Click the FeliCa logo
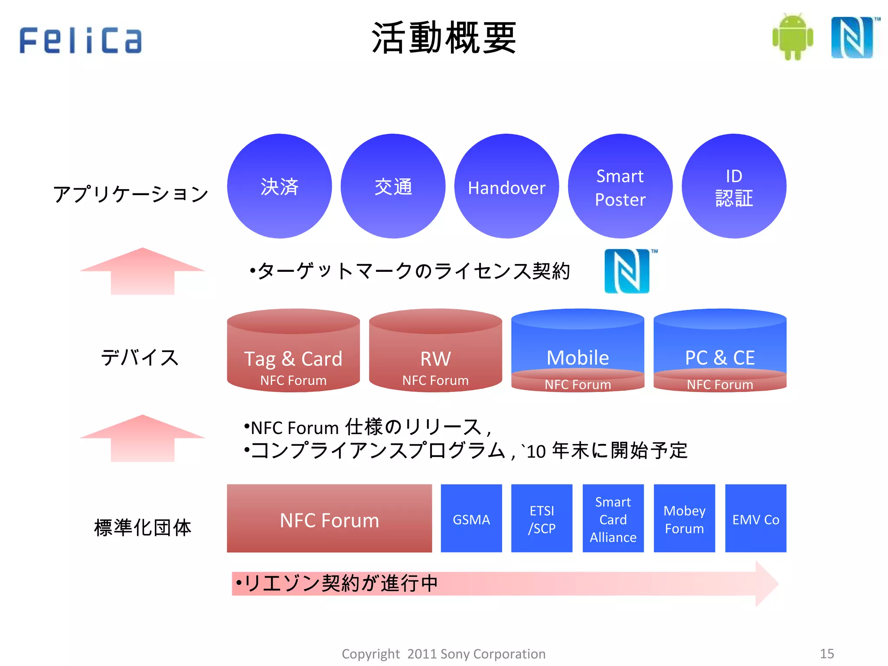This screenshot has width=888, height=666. (x=81, y=40)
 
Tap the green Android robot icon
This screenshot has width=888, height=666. (x=793, y=37)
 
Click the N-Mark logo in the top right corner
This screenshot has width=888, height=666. (x=852, y=37)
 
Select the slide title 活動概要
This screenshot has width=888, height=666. (x=444, y=38)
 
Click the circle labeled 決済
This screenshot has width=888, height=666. (x=279, y=186)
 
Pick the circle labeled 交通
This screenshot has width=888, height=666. (x=393, y=186)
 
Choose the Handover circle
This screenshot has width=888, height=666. (x=506, y=186)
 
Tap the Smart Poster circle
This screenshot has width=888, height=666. (x=620, y=186)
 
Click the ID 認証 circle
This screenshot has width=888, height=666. (x=734, y=186)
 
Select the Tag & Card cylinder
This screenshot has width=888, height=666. (x=293, y=351)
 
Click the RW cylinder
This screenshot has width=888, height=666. (x=435, y=351)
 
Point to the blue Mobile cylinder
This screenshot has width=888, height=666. (x=578, y=347)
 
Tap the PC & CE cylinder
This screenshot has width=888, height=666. (x=720, y=347)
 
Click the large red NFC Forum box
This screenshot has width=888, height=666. (x=330, y=519)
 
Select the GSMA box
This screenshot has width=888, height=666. (x=471, y=519)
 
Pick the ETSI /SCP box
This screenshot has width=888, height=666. (x=542, y=519)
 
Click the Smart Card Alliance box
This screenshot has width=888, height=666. (x=613, y=519)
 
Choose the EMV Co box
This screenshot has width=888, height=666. (x=756, y=519)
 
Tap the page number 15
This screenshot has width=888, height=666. (x=827, y=653)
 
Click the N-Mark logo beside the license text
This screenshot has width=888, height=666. (x=628, y=271)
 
